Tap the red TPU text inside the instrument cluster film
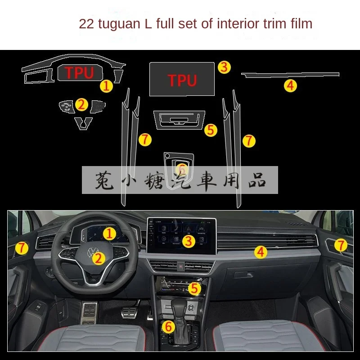tap(79, 73)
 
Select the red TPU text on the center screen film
tap(182, 80)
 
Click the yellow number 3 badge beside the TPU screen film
tap(225, 67)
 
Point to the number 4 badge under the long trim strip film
tap(291, 85)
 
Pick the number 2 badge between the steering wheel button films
tap(81, 105)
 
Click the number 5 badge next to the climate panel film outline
tap(211, 130)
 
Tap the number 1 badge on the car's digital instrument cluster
tap(108, 233)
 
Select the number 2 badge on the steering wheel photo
tap(99, 258)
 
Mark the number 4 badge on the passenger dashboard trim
tap(260, 252)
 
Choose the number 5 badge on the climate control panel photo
tap(194, 288)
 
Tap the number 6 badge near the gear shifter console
tap(168, 327)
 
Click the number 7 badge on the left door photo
tap(21, 247)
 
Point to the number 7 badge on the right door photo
tap(342, 245)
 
